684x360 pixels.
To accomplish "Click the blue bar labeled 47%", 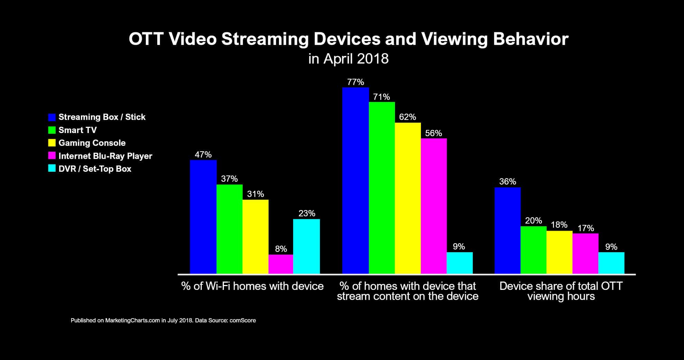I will [x=203, y=217].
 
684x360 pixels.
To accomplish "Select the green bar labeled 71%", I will [x=382, y=188].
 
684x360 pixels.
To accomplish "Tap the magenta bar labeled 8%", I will [x=281, y=264].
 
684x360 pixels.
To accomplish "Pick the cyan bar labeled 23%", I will [x=306, y=246].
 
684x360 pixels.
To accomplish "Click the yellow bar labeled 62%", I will [x=407, y=198].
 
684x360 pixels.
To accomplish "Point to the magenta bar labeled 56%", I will [x=433, y=206].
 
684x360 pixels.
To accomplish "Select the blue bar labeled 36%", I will [x=507, y=230].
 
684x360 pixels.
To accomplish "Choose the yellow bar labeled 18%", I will [x=559, y=252].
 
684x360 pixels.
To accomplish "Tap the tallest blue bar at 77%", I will [x=355, y=180].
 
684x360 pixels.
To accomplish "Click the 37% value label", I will [x=229, y=179].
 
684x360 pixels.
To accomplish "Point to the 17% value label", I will [x=585, y=228].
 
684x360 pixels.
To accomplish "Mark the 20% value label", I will [x=533, y=220].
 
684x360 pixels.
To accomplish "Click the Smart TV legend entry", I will [x=77, y=130].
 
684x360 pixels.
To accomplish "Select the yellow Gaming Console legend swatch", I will [x=52, y=143].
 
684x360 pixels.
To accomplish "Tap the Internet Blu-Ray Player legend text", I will [x=105, y=156].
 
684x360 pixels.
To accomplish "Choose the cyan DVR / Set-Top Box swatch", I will [x=52, y=169].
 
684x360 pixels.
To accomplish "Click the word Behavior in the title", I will [x=531, y=39].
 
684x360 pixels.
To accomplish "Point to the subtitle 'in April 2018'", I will [x=348, y=59].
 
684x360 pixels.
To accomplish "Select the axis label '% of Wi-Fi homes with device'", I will [x=252, y=286].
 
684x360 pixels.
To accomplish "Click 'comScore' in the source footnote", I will [x=243, y=321].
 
